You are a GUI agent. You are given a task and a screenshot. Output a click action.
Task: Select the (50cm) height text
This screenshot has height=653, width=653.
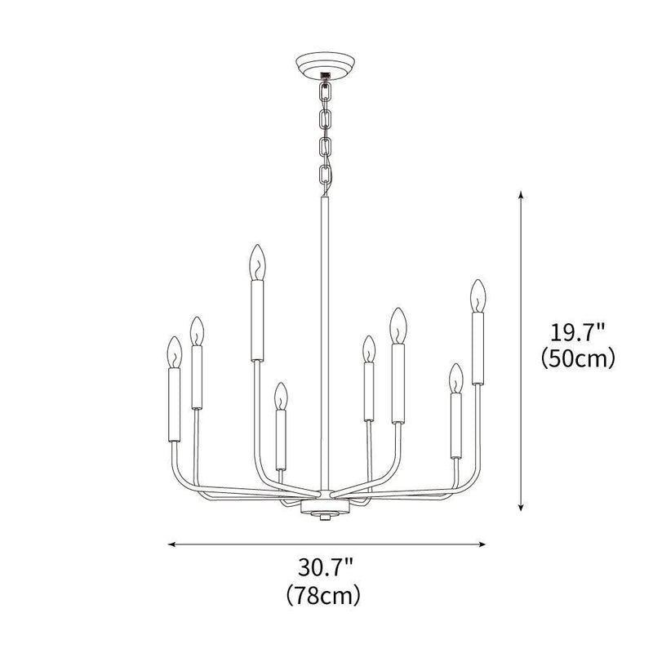[577, 358]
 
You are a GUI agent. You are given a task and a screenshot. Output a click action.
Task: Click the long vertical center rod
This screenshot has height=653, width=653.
[324, 343]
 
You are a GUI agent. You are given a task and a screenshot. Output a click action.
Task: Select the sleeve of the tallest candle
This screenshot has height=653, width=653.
[257, 320]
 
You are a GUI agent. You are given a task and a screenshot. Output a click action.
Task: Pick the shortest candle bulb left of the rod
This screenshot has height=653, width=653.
[280, 397]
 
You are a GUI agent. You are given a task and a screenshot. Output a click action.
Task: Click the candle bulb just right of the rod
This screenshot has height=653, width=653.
[369, 349]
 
